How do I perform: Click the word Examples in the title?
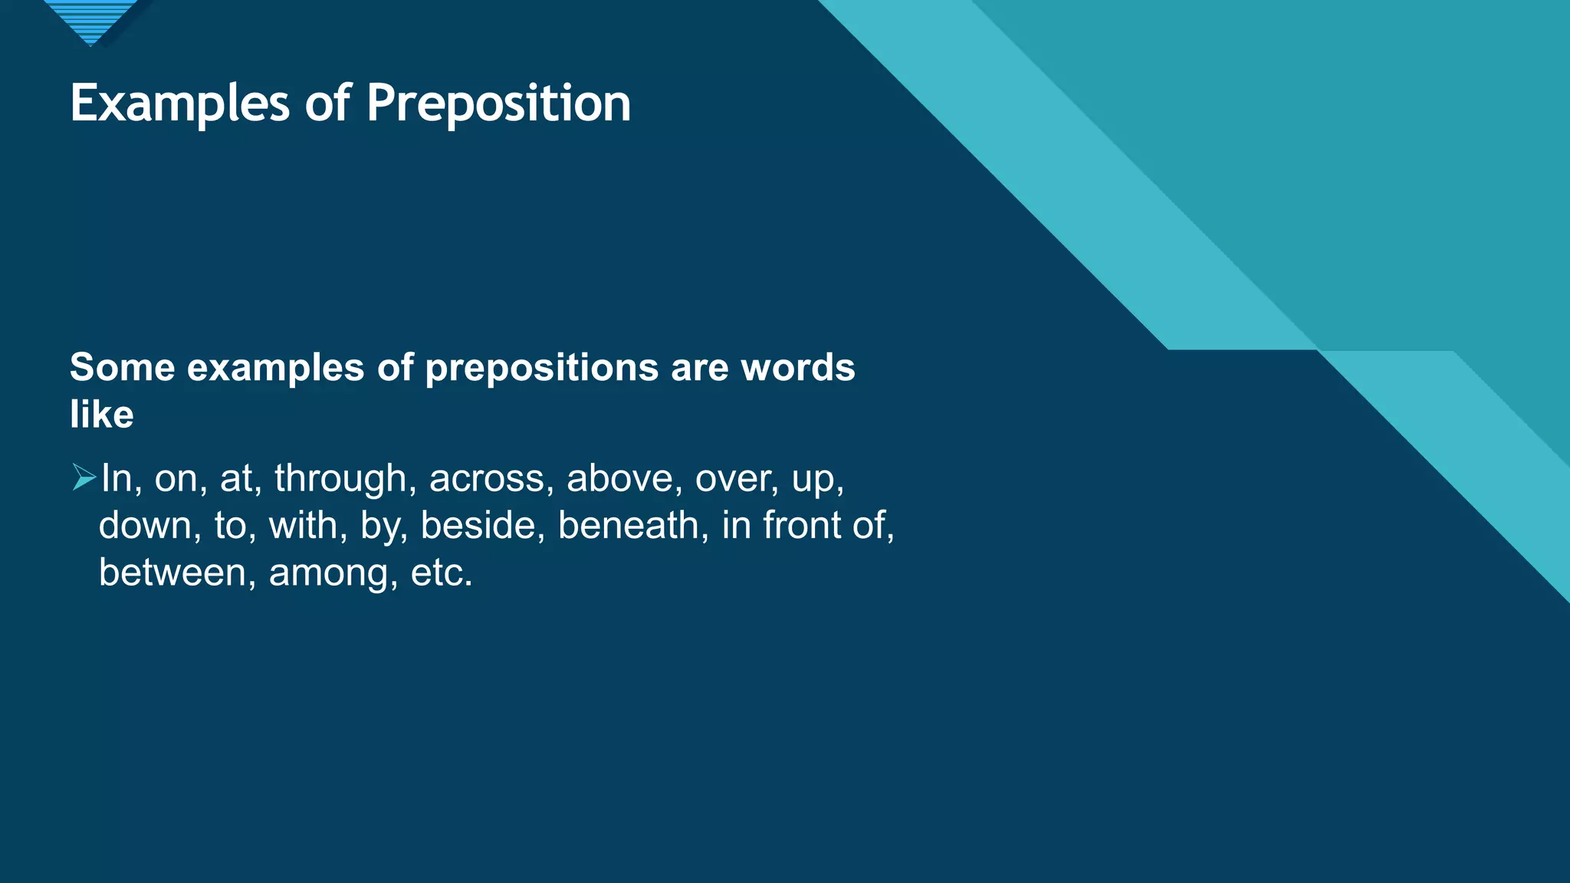(179, 103)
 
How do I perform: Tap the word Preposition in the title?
(498, 103)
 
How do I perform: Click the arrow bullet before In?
(84, 477)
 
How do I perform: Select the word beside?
(482, 526)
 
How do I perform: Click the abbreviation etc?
(441, 573)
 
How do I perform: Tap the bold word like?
(101, 415)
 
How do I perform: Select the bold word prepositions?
(541, 368)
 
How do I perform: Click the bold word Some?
(122, 368)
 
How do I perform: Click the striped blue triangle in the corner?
(90, 20)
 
